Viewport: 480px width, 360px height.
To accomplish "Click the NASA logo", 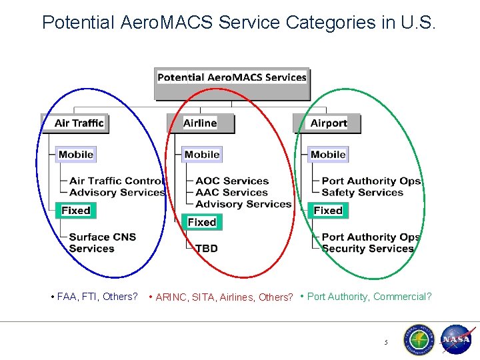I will (456, 340).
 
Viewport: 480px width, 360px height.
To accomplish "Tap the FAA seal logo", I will (417, 340).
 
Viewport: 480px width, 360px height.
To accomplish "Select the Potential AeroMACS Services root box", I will (232, 77).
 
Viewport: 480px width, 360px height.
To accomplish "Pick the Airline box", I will (200, 123).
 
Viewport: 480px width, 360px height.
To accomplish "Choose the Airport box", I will (329, 123).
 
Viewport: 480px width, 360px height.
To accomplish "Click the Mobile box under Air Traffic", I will (75, 155).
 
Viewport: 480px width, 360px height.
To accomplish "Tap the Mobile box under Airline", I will (202, 155).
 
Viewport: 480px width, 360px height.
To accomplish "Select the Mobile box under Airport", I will (328, 155).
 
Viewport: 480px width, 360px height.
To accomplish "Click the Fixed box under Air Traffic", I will (75, 211).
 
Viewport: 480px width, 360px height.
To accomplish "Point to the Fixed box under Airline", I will (202, 222).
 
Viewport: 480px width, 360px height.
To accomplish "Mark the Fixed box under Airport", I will (328, 211).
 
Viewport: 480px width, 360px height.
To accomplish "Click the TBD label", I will (207, 249).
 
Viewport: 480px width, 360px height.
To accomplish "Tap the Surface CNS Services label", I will (102, 243).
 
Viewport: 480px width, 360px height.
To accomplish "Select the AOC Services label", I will (232, 181).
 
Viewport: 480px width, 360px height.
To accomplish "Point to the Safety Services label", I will (363, 193).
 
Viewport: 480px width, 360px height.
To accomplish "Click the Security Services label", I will (368, 249).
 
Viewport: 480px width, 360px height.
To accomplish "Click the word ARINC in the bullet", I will (170, 297).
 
